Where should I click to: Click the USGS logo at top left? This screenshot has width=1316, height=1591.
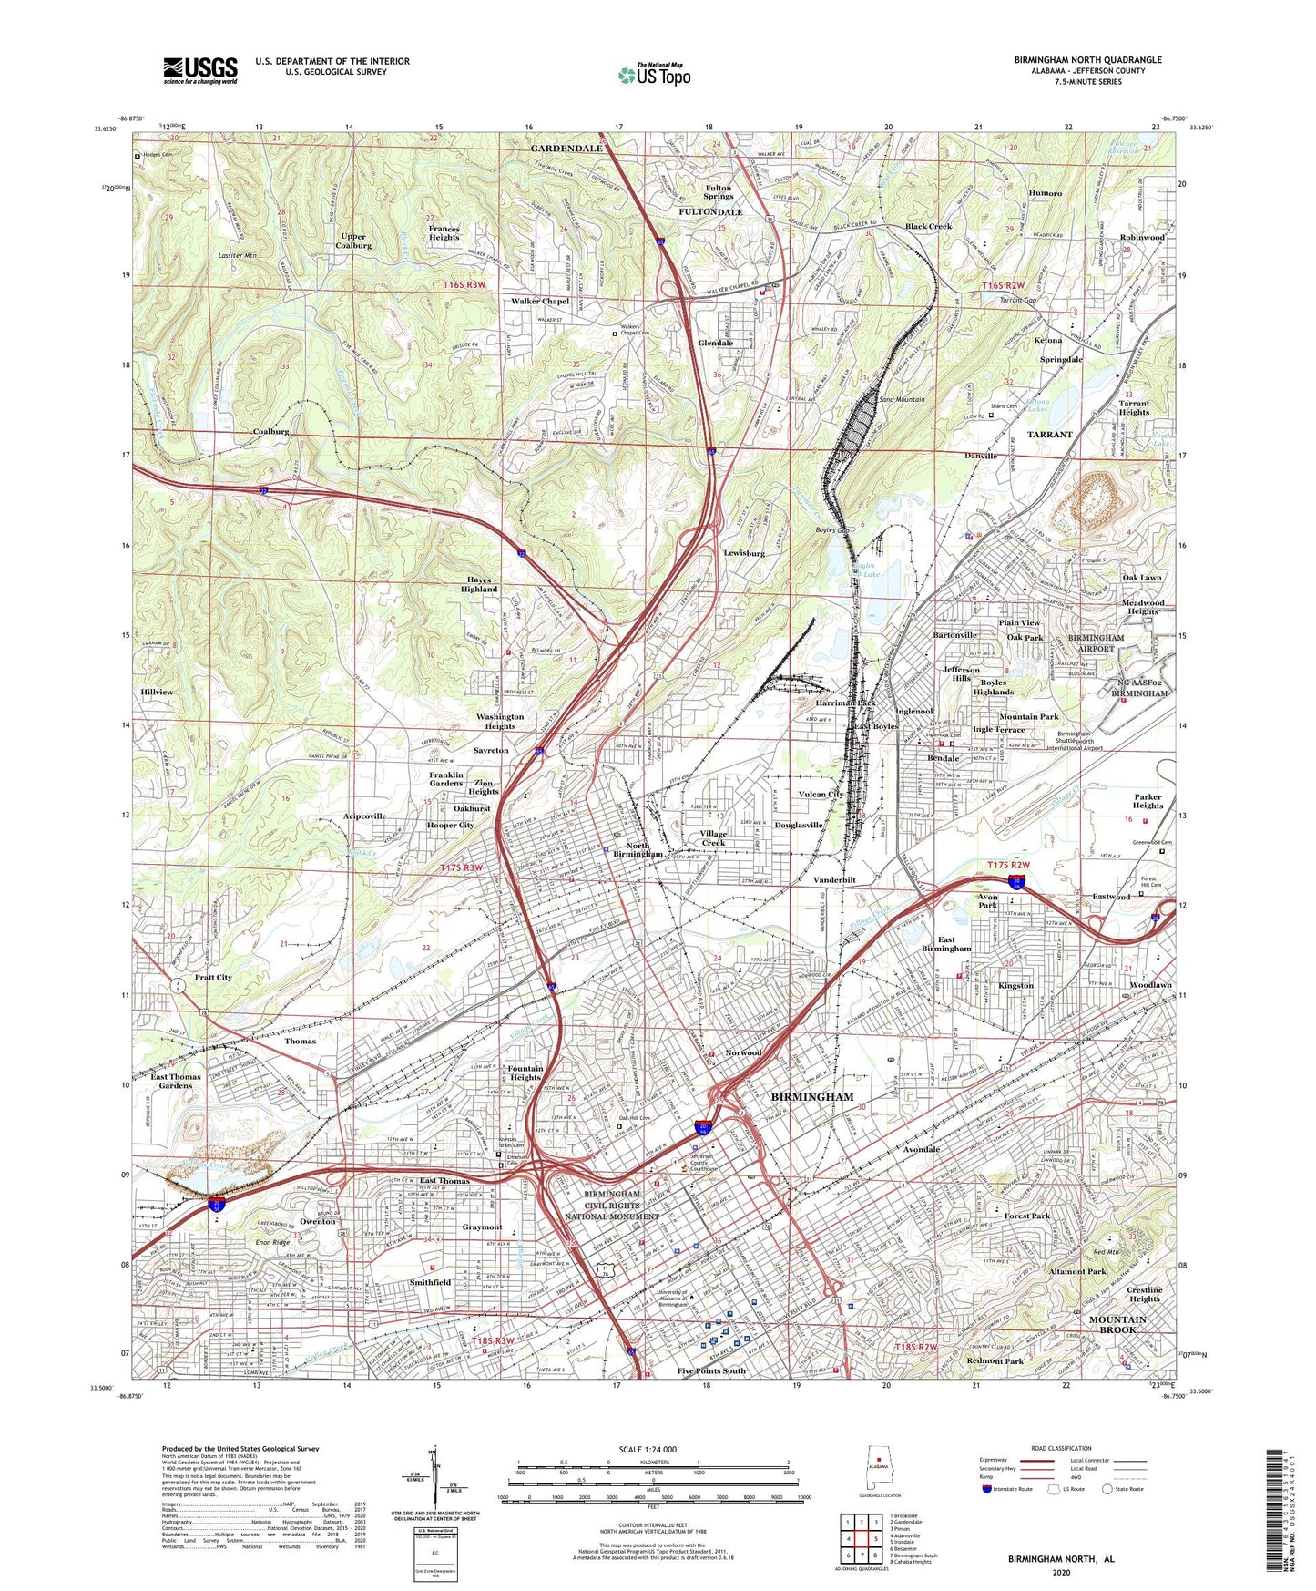(199, 70)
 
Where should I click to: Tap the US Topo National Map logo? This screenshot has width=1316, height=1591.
(654, 75)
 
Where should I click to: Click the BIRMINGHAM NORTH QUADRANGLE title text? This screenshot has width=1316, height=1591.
(1087, 60)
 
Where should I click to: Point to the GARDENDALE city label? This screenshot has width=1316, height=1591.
(566, 148)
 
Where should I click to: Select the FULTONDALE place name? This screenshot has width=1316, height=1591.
(711, 212)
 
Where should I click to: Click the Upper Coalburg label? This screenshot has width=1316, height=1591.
(353, 241)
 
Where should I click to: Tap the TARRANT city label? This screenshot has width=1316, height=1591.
(1049, 435)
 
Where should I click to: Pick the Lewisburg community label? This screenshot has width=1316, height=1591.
(743, 553)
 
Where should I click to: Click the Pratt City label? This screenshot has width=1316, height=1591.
(213, 977)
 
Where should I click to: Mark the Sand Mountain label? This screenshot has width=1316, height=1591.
(902, 399)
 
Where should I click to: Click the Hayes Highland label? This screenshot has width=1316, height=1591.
(478, 584)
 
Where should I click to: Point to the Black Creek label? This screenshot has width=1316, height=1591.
(927, 226)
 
